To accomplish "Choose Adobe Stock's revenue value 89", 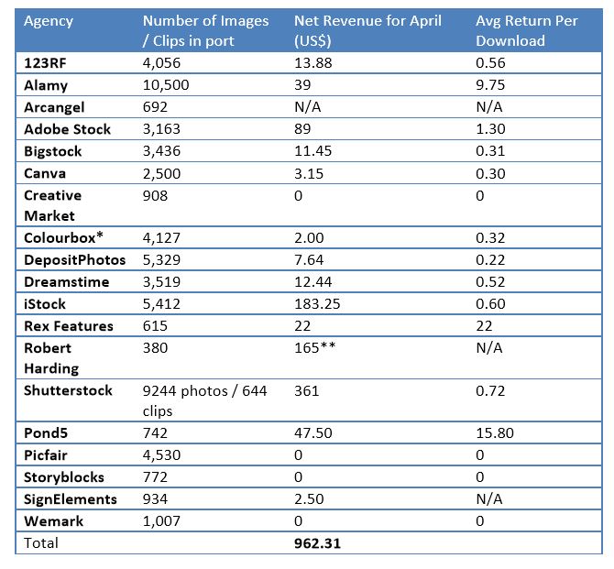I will [x=303, y=129].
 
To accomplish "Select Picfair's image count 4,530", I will [x=161, y=454].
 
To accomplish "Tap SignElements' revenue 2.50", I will [x=309, y=498].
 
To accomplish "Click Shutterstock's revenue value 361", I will [x=307, y=390].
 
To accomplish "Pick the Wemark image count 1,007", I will [x=161, y=520].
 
